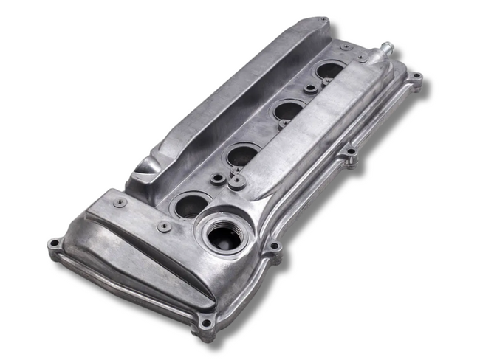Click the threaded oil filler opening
point(222,236)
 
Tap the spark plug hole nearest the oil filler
point(191,204)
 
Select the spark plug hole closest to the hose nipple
point(329,72)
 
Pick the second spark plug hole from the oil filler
point(241,156)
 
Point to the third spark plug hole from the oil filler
point(289,111)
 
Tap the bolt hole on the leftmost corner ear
point(54,244)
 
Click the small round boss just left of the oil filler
point(164,227)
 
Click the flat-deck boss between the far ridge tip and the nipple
point(346,46)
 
